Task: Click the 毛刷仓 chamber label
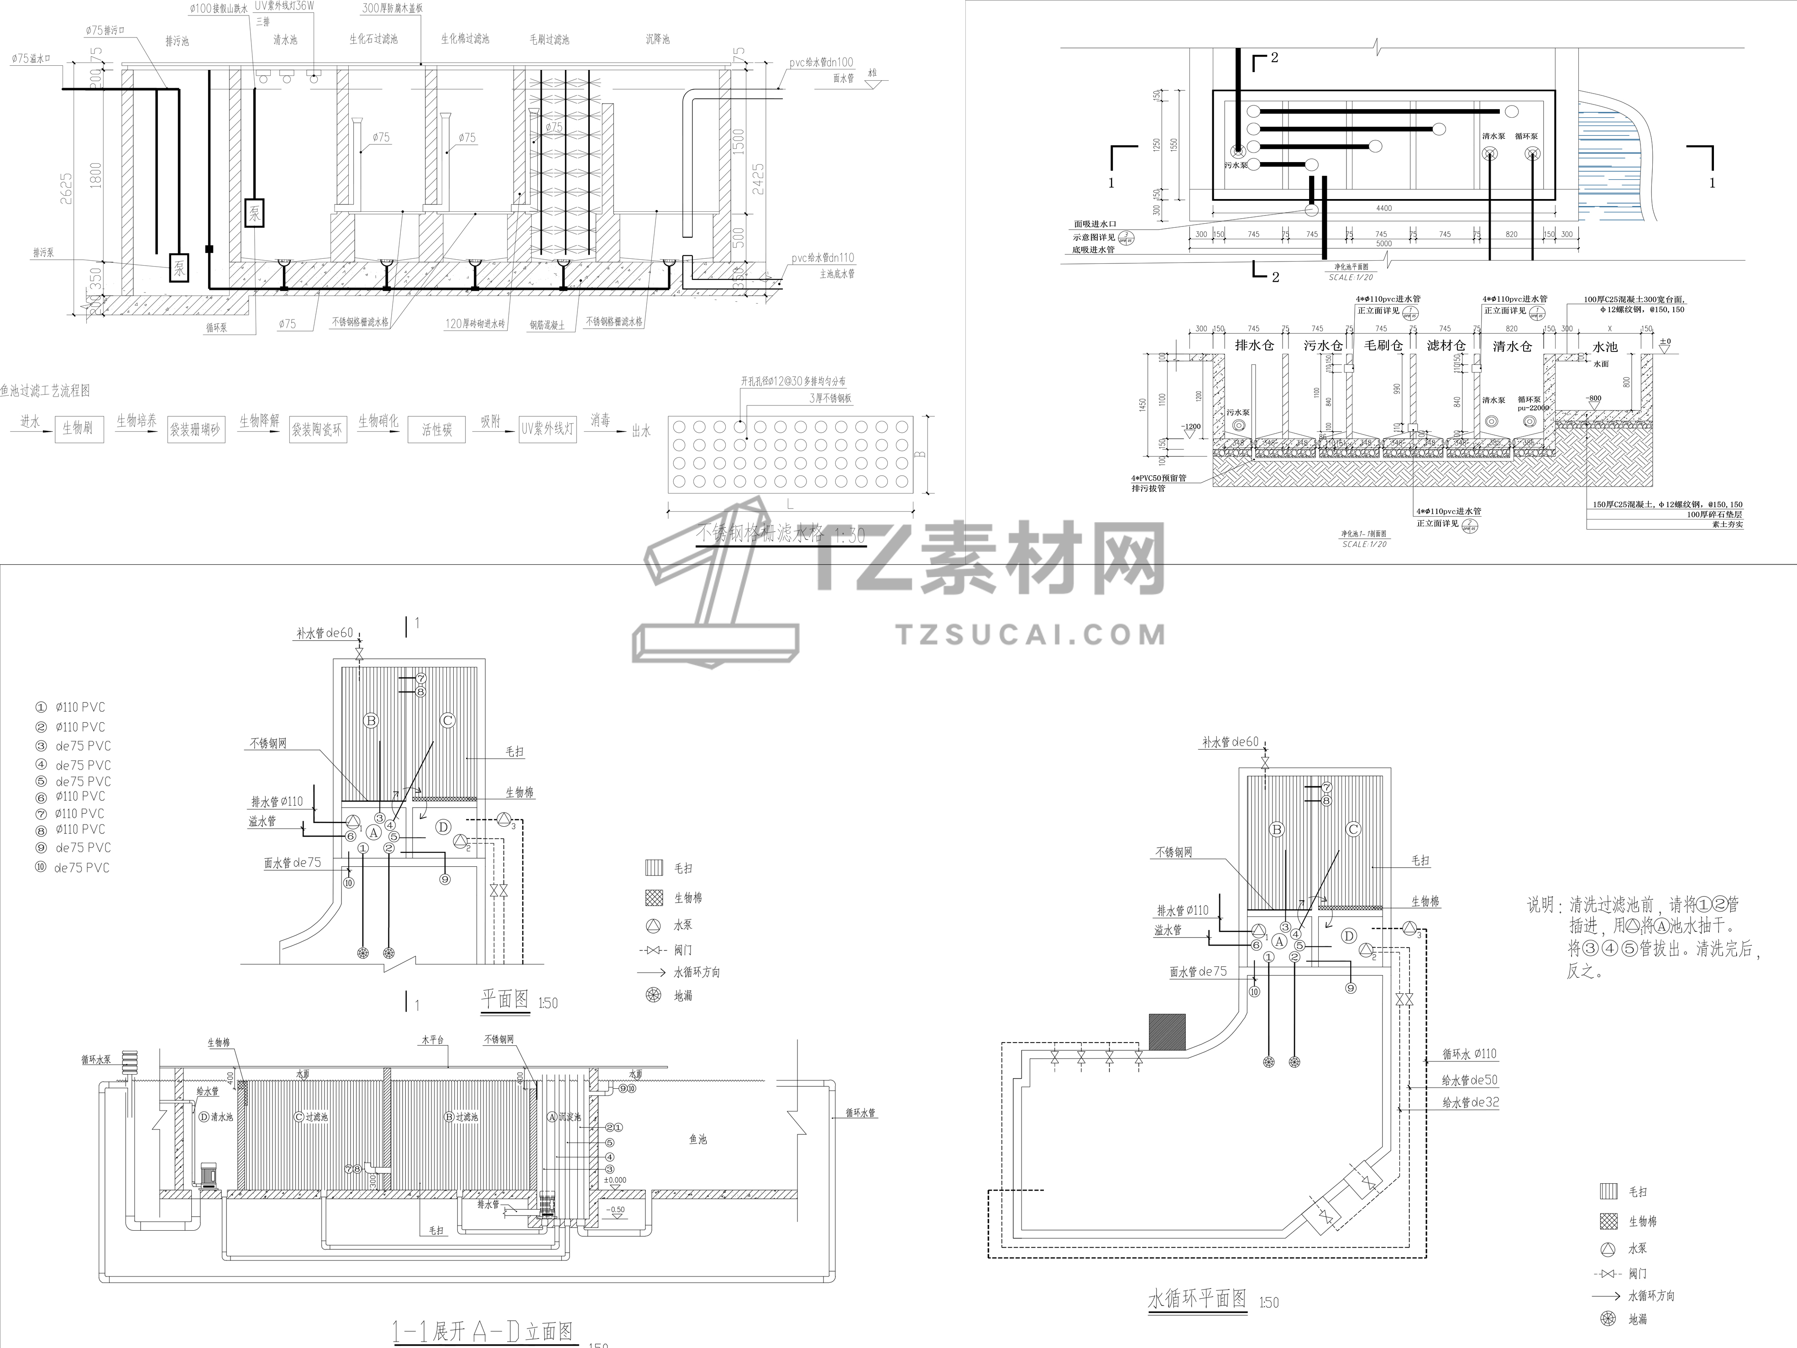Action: pyautogui.click(x=1383, y=345)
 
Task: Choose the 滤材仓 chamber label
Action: pyautogui.click(x=1446, y=345)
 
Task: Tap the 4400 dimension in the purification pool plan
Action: pyautogui.click(x=1383, y=208)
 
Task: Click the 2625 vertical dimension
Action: pyautogui.click(x=67, y=191)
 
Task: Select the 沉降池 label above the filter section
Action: pyautogui.click(x=657, y=39)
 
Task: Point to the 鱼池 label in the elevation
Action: pyautogui.click(x=698, y=1139)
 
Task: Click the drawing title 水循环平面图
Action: pyautogui.click(x=1197, y=1298)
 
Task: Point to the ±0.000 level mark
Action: pyautogui.click(x=615, y=1180)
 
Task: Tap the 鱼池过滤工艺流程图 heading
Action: pyautogui.click(x=46, y=391)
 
